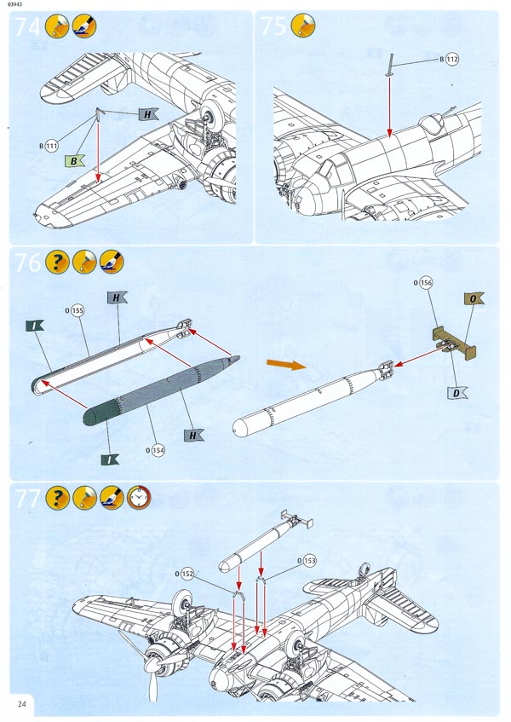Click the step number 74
(x=27, y=26)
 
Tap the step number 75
(x=274, y=26)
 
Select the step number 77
(x=27, y=499)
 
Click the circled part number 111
(x=53, y=146)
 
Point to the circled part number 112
(x=451, y=59)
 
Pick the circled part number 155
(x=78, y=311)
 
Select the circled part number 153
(x=308, y=560)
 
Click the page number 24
(x=21, y=703)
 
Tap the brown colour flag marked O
(x=474, y=299)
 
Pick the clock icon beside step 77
(x=138, y=498)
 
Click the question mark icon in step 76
(x=57, y=263)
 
